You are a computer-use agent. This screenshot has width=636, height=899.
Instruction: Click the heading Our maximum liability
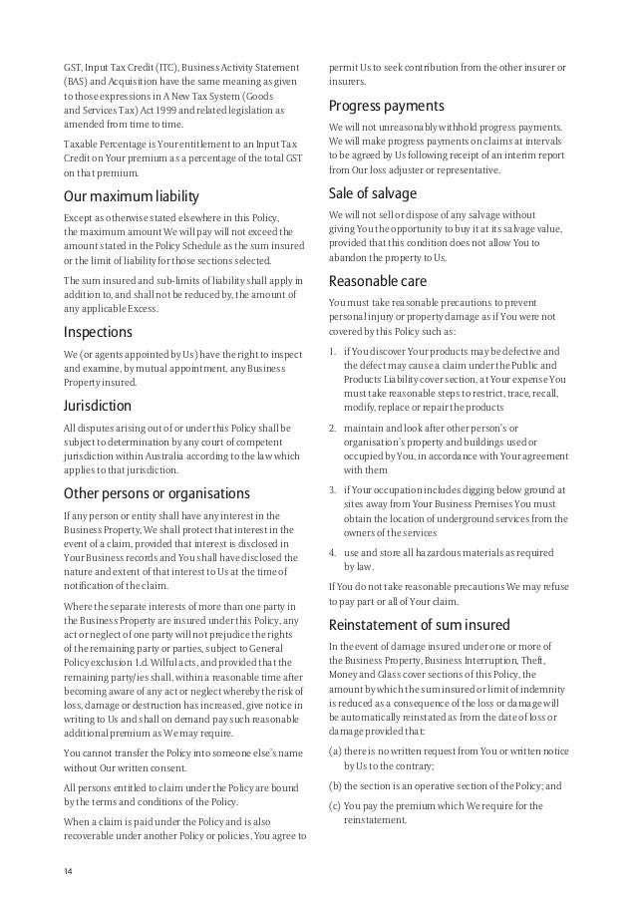(x=132, y=196)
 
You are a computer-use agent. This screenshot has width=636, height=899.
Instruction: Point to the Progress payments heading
(x=386, y=107)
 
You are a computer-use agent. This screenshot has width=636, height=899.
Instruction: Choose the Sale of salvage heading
(x=372, y=193)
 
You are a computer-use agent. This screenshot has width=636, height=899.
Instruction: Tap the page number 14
(x=69, y=873)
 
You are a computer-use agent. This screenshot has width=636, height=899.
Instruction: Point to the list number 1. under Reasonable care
(x=333, y=352)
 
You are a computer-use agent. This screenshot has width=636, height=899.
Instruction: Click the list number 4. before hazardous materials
(x=333, y=551)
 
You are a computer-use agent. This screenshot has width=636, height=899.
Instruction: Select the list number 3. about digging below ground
(x=333, y=489)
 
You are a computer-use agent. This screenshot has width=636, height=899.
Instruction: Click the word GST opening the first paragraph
(x=72, y=67)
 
